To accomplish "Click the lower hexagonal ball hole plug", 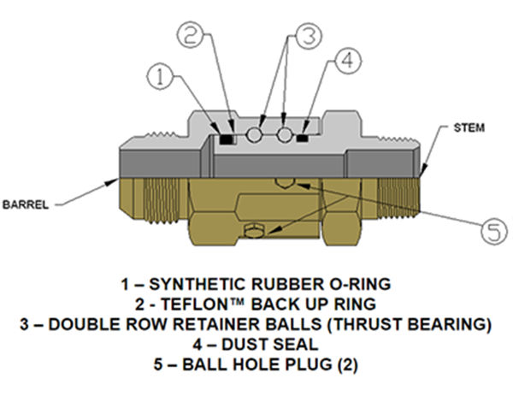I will (x=252, y=230).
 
